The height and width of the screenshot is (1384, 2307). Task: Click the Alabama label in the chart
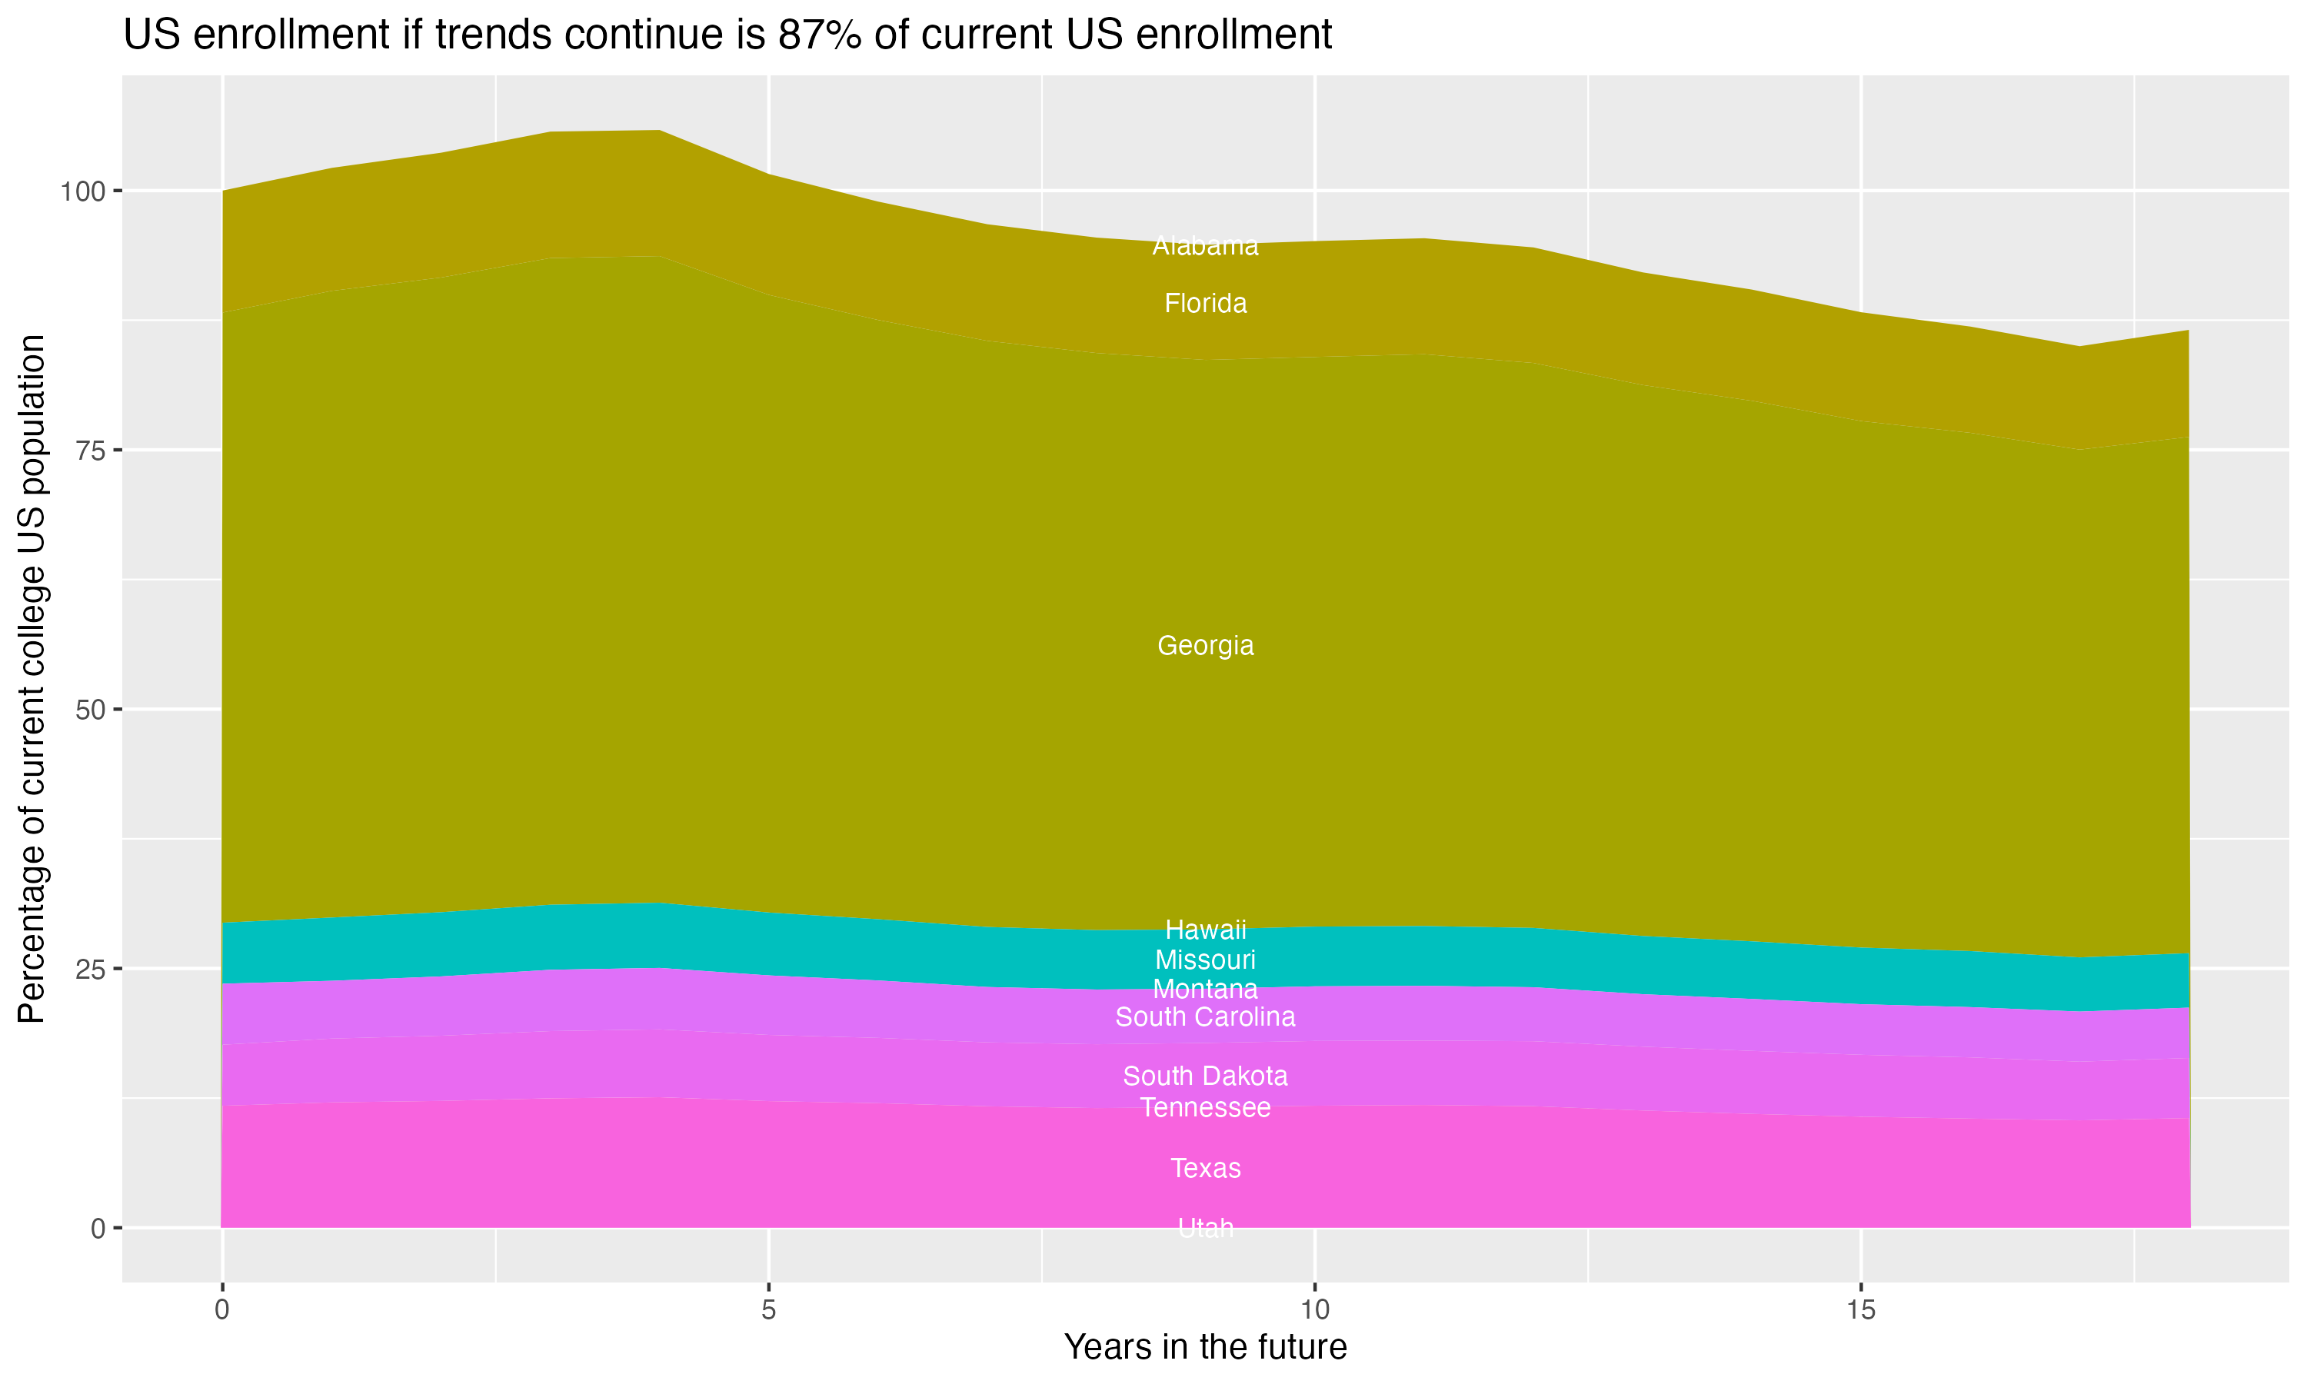[x=1205, y=246]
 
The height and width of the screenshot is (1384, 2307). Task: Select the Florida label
[x=1205, y=304]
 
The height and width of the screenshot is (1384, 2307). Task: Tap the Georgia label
[x=1205, y=645]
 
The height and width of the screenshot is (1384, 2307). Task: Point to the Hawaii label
[x=1205, y=930]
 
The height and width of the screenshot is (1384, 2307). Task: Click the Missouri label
[x=1205, y=960]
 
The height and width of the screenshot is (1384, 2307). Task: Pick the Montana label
[x=1205, y=989]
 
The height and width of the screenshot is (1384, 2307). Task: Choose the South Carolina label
[x=1205, y=1017]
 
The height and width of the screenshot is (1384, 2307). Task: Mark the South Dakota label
[x=1205, y=1076]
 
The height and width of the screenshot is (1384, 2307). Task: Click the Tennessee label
[x=1205, y=1108]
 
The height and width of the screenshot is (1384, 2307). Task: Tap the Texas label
[x=1205, y=1169]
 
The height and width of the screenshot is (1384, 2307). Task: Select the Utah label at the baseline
[x=1205, y=1228]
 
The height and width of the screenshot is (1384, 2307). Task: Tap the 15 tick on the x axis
[x=1860, y=1310]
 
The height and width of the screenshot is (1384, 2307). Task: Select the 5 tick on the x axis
[x=767, y=1310]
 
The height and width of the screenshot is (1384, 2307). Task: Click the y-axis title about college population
[x=32, y=678]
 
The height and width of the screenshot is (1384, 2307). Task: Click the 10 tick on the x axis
[x=1314, y=1310]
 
